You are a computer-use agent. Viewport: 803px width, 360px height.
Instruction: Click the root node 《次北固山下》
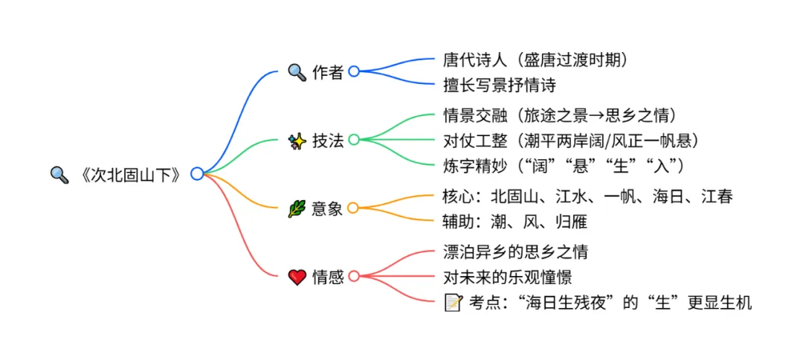tap(130, 174)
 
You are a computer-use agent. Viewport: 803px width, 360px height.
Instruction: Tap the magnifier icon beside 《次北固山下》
tap(59, 174)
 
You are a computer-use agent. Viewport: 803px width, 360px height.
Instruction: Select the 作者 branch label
tap(327, 72)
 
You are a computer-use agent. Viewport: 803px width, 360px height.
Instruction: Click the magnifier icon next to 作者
tap(297, 72)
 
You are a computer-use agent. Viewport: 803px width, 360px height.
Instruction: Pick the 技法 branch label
tap(327, 140)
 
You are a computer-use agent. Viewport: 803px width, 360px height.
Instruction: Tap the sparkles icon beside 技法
tap(297, 140)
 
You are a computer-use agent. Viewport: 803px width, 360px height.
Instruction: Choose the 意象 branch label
tap(327, 208)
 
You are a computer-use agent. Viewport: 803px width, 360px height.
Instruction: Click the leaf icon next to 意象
tap(297, 208)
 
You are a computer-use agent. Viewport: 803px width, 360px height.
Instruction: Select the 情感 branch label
tap(327, 277)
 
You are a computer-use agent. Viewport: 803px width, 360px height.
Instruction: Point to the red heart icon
tap(297, 277)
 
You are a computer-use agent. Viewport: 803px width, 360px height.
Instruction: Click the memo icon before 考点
tap(452, 302)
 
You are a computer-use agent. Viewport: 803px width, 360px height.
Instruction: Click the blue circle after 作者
tap(354, 71)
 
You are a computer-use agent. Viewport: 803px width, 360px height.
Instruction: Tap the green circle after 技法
tap(354, 140)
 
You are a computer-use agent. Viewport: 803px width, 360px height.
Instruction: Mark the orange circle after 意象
tap(354, 208)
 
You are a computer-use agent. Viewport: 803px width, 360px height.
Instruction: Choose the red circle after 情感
tap(354, 276)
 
